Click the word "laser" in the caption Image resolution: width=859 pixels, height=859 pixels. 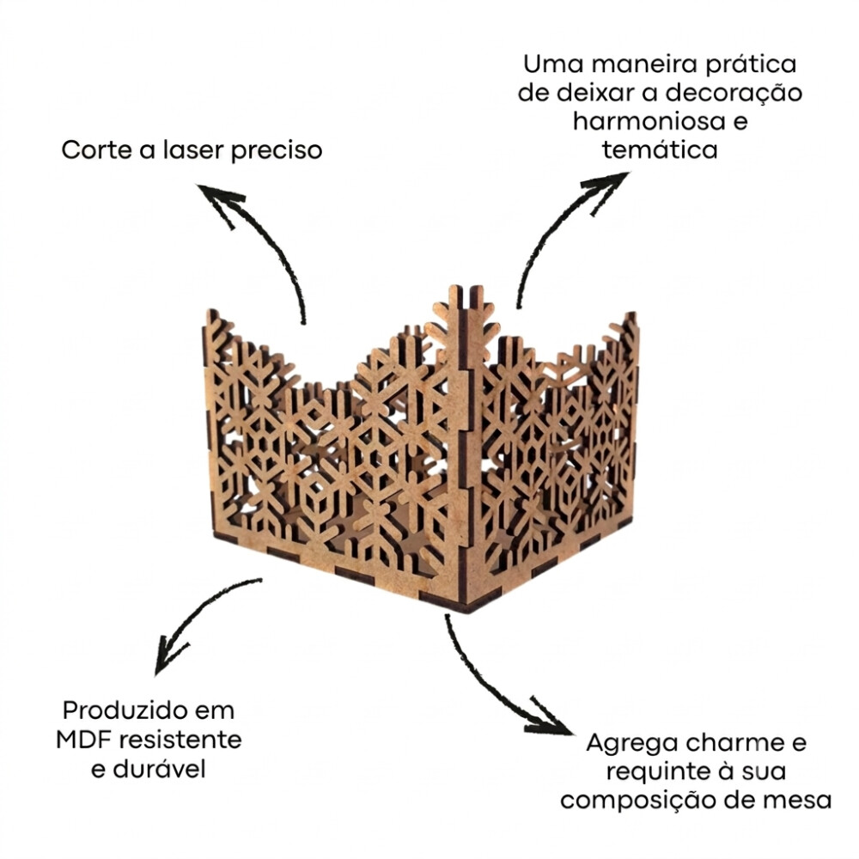(192, 149)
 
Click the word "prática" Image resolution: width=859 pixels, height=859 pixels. (750, 65)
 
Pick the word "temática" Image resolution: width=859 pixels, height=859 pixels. (660, 149)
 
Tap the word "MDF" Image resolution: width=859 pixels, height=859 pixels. (84, 740)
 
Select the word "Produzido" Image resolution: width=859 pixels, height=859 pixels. (125, 711)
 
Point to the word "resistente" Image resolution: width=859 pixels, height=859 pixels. (180, 740)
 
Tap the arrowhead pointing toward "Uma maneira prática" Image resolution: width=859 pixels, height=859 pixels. (608, 186)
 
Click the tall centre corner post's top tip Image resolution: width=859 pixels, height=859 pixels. (454, 286)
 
